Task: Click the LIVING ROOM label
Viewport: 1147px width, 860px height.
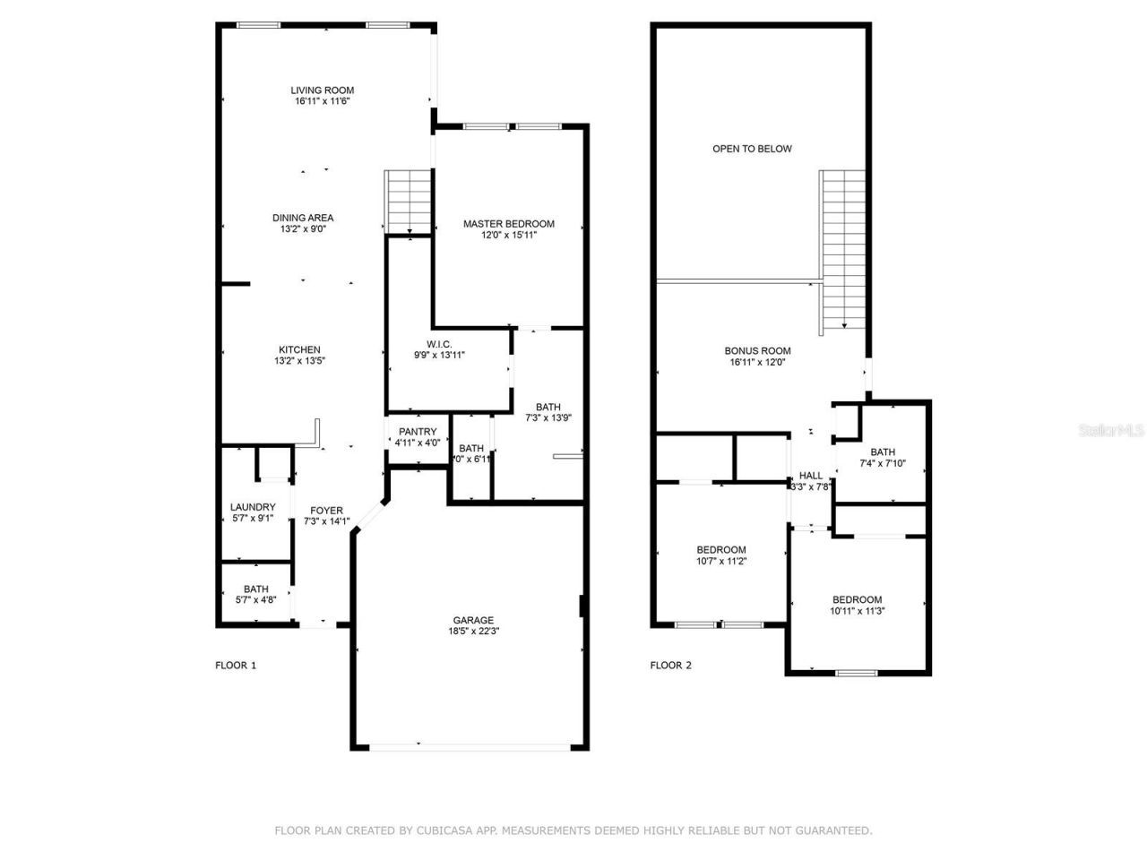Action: [322, 90]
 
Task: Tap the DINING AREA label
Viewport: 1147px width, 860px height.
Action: [303, 218]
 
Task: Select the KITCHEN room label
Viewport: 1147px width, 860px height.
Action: [299, 350]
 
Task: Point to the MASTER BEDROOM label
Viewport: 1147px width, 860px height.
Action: [508, 224]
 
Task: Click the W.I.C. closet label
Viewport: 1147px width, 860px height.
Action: [439, 344]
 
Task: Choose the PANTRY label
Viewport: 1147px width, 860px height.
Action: [418, 432]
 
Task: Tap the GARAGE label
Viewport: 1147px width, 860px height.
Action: [473, 620]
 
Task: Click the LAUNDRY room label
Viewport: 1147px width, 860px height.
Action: [253, 507]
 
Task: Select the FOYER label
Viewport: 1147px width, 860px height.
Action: [326, 511]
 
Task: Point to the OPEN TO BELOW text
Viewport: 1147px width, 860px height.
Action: [752, 149]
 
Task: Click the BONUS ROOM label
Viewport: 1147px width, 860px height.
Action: [757, 351]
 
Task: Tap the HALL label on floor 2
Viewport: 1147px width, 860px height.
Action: [811, 476]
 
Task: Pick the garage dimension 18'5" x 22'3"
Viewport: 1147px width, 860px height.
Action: [473, 632]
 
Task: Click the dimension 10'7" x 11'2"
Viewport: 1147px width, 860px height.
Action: [721, 562]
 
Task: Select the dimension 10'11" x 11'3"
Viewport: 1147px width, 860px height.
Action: [857, 612]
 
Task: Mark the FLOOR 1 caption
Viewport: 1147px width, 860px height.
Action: [236, 665]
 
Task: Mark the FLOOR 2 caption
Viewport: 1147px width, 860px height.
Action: [670, 665]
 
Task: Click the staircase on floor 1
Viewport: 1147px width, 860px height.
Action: [410, 201]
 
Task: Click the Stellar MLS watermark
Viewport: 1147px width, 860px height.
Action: [1110, 430]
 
